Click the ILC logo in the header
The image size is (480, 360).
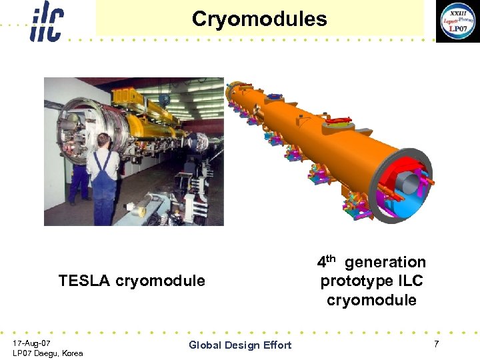[46, 22]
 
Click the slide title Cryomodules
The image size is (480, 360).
[259, 19]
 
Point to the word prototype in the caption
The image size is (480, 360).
[353, 281]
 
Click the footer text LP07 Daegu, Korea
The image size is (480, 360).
[47, 353]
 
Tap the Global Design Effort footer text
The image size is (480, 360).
[240, 345]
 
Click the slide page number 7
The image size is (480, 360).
[436, 343]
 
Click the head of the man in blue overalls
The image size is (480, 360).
[103, 141]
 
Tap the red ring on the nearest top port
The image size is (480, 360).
[340, 121]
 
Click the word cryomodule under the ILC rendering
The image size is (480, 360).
[371, 300]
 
